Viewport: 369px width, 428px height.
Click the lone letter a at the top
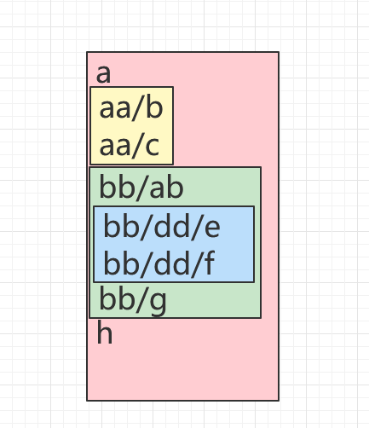point(104,74)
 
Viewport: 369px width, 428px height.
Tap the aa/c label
point(130,147)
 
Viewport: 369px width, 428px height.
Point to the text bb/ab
point(141,187)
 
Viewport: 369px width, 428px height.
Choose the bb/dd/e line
point(162,227)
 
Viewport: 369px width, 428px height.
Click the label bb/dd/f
point(159,263)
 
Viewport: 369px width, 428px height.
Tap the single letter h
point(104,333)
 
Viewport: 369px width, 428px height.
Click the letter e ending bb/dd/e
point(212,228)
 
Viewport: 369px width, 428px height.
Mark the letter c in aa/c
point(152,147)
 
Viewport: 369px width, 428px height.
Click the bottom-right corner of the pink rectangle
point(279,400)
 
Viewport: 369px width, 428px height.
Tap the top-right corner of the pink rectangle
point(279,53)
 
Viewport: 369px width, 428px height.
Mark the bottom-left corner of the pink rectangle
point(87,400)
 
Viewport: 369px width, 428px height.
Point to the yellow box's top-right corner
point(173,87)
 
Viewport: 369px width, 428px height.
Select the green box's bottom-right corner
point(261,318)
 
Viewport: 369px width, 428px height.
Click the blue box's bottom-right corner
point(254,283)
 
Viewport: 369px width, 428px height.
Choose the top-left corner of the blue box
point(94,206)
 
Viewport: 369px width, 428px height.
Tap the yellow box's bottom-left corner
point(90,165)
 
